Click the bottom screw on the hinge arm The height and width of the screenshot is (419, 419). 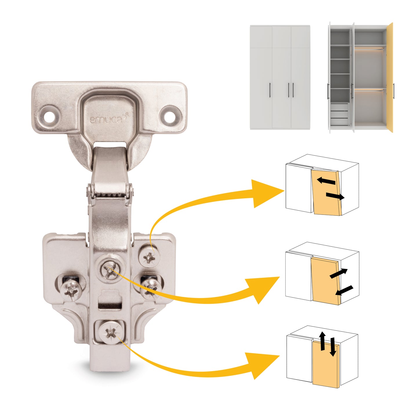pyautogui.click(x=110, y=333)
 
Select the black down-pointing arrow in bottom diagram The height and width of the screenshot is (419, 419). pyautogui.click(x=333, y=347)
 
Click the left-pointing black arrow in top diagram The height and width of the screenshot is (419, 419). pyautogui.click(x=326, y=181)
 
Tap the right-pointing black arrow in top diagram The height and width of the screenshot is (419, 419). pyautogui.click(x=335, y=196)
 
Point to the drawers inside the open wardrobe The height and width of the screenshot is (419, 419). pyautogui.click(x=339, y=114)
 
